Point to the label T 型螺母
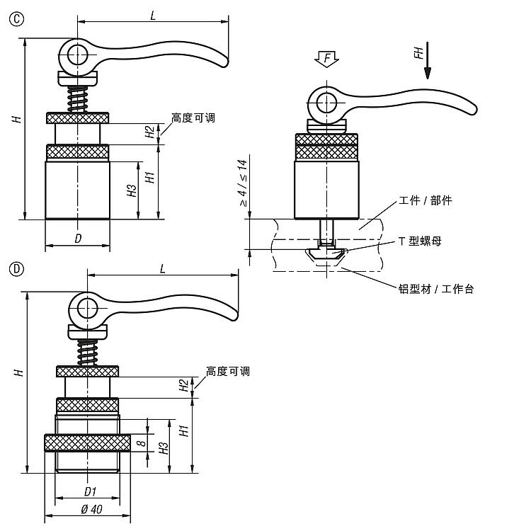click(420, 241)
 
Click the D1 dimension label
click(90, 491)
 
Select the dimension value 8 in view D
click(140, 444)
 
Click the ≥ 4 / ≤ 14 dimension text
click(244, 183)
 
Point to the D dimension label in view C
click(78, 239)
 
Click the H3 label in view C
click(132, 190)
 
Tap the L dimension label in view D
click(163, 269)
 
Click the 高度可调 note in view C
click(193, 118)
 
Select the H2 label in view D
click(183, 386)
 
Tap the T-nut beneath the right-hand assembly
click(326, 253)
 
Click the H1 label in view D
click(183, 430)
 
